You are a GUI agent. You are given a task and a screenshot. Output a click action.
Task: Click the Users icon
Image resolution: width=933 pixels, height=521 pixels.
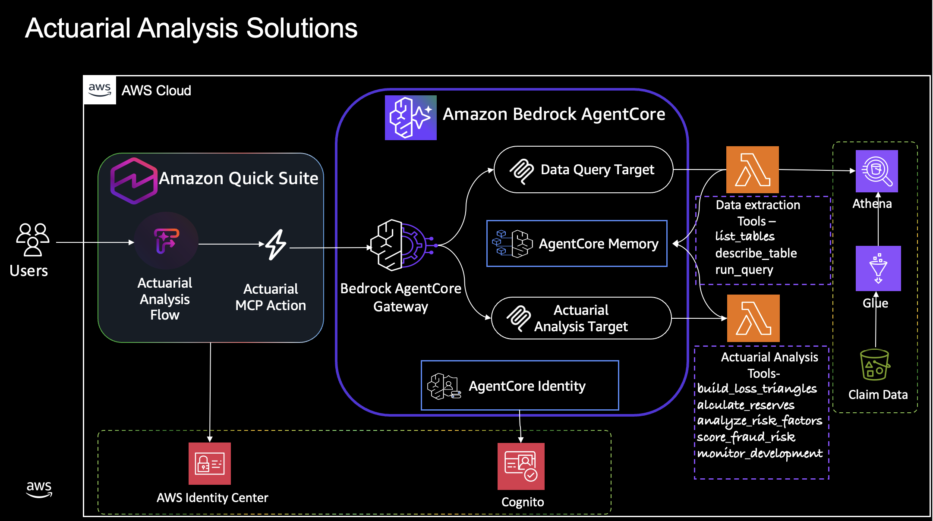pyautogui.click(x=33, y=240)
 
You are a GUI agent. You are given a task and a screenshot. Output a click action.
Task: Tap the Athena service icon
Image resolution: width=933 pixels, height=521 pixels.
pyautogui.click(x=876, y=171)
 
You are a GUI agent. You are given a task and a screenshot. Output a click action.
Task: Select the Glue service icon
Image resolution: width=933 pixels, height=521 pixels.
pyautogui.click(x=878, y=268)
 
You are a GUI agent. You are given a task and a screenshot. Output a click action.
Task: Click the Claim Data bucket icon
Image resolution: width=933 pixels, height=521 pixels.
pyautogui.click(x=874, y=365)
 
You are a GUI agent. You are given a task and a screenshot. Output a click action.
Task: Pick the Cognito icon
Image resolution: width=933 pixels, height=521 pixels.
pyautogui.click(x=521, y=466)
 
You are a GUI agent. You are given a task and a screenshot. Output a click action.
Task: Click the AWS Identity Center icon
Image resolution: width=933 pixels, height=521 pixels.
pyautogui.click(x=210, y=464)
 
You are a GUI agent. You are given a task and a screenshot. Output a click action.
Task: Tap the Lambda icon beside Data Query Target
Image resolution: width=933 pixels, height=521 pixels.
pyautogui.click(x=752, y=169)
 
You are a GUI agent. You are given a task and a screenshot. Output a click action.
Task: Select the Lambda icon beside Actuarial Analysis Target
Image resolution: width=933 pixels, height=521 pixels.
pyautogui.click(x=753, y=318)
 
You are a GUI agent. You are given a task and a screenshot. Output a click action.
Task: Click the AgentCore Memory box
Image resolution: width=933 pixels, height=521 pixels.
pyautogui.click(x=577, y=244)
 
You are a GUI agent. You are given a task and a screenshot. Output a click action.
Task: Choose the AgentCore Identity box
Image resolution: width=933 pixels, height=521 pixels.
pyautogui.click(x=520, y=386)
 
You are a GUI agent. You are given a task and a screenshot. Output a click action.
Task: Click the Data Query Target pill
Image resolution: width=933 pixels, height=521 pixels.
pyautogui.click(x=583, y=169)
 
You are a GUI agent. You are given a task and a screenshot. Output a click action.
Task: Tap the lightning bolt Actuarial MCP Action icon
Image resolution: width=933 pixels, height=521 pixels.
pyautogui.click(x=276, y=245)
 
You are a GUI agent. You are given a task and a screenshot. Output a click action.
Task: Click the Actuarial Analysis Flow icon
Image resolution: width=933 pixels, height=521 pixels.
pyautogui.click(x=166, y=241)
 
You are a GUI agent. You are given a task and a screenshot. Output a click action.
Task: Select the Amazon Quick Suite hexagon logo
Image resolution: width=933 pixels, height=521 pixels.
pyautogui.click(x=134, y=181)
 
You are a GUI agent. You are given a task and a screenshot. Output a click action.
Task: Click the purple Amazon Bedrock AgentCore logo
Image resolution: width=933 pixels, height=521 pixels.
pyautogui.click(x=410, y=118)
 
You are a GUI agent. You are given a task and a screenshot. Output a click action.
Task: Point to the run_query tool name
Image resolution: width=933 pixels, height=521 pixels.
pyautogui.click(x=744, y=270)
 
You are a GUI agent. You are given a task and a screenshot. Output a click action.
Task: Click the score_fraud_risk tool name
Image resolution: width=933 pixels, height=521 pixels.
pyautogui.click(x=746, y=437)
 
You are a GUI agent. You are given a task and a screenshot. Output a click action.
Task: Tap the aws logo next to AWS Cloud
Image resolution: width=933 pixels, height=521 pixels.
pyautogui.click(x=100, y=90)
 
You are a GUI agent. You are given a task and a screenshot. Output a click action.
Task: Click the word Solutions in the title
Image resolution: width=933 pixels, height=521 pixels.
pyautogui.click(x=302, y=28)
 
